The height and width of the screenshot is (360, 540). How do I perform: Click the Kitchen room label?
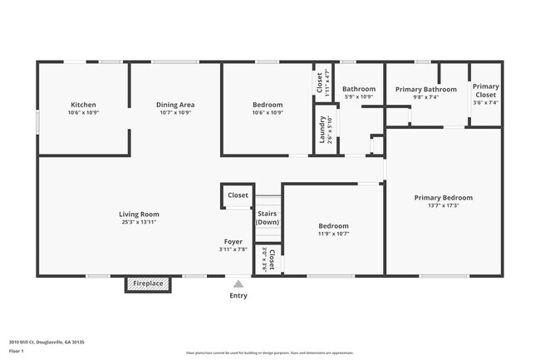pyautogui.click(x=82, y=105)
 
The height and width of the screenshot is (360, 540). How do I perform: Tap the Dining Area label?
pyautogui.click(x=174, y=105)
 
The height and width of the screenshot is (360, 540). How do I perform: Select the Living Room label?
pyautogui.click(x=138, y=214)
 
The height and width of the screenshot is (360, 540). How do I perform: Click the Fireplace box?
pyautogui.click(x=148, y=284)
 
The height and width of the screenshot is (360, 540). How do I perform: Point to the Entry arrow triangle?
pyautogui.click(x=238, y=284)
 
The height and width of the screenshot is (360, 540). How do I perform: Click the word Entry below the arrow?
pyautogui.click(x=238, y=295)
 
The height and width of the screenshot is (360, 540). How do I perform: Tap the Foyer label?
pyautogui.click(x=233, y=242)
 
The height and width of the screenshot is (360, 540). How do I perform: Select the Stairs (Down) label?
pyautogui.click(x=267, y=218)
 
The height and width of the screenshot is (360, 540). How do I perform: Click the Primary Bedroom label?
pyautogui.click(x=443, y=197)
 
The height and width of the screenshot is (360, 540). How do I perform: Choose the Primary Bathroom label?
pyautogui.click(x=425, y=89)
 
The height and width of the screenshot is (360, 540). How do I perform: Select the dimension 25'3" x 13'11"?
pyautogui.click(x=138, y=222)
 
